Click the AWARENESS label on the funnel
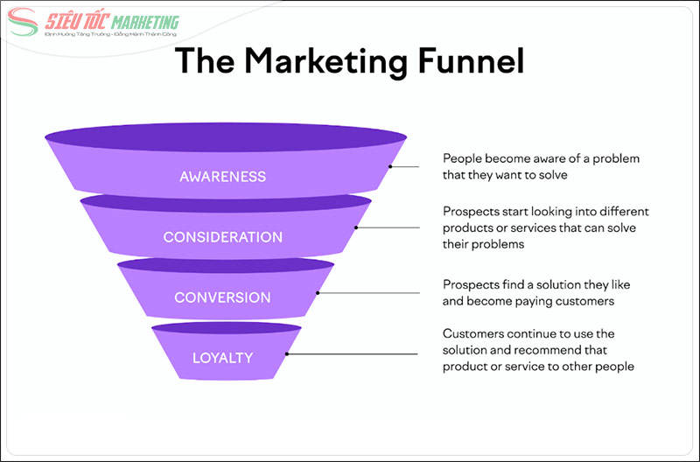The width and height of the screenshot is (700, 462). click(222, 176)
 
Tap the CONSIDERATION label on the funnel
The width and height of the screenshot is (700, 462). click(222, 237)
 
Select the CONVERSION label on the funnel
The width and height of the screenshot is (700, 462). click(222, 297)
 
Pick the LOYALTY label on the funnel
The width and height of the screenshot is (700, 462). click(222, 357)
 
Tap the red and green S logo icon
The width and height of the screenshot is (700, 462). click(23, 24)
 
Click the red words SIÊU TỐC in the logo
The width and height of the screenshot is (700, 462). click(72, 21)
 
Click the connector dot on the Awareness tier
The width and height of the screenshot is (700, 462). click(390, 165)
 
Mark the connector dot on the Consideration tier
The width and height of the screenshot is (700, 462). click(355, 227)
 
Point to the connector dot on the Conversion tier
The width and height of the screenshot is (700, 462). click(318, 292)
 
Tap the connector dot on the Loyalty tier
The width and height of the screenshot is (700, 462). click(286, 354)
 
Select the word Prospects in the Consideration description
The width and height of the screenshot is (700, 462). click(471, 212)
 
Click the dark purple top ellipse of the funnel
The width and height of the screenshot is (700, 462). click(226, 138)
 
